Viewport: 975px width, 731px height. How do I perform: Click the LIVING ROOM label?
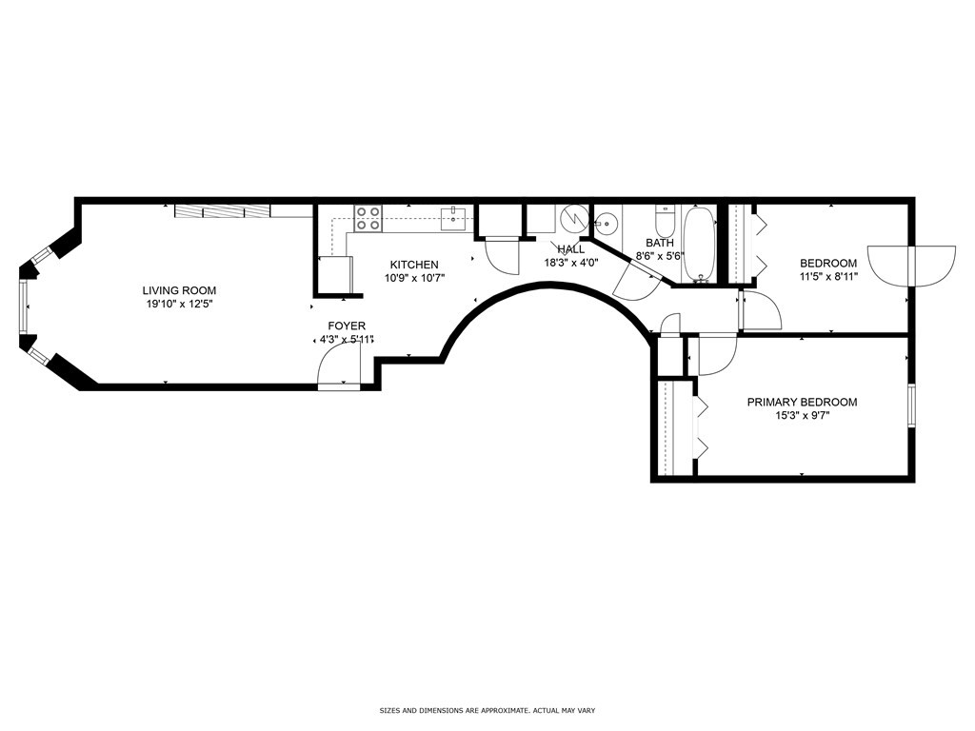point(179,290)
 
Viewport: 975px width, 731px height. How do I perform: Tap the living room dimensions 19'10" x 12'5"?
point(179,305)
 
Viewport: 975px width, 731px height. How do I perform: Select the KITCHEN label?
point(414,265)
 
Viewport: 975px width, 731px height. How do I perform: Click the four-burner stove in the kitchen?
point(368,218)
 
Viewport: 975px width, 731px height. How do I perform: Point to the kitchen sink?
point(454,219)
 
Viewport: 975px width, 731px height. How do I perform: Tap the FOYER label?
point(347,326)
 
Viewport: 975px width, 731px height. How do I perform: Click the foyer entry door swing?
point(337,365)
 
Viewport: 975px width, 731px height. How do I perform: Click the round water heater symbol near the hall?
point(574,219)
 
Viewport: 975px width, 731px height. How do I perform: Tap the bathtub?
point(699,245)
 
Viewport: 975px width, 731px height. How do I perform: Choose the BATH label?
point(660,243)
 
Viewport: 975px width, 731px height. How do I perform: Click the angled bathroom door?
point(636,280)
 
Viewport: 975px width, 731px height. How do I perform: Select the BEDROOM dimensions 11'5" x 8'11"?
point(828,278)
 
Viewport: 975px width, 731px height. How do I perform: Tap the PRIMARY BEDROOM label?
point(802,402)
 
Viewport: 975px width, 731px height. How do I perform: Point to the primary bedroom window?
point(911,405)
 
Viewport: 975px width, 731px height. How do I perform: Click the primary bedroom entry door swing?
point(715,355)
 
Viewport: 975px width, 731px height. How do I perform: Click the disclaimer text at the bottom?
point(487,710)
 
